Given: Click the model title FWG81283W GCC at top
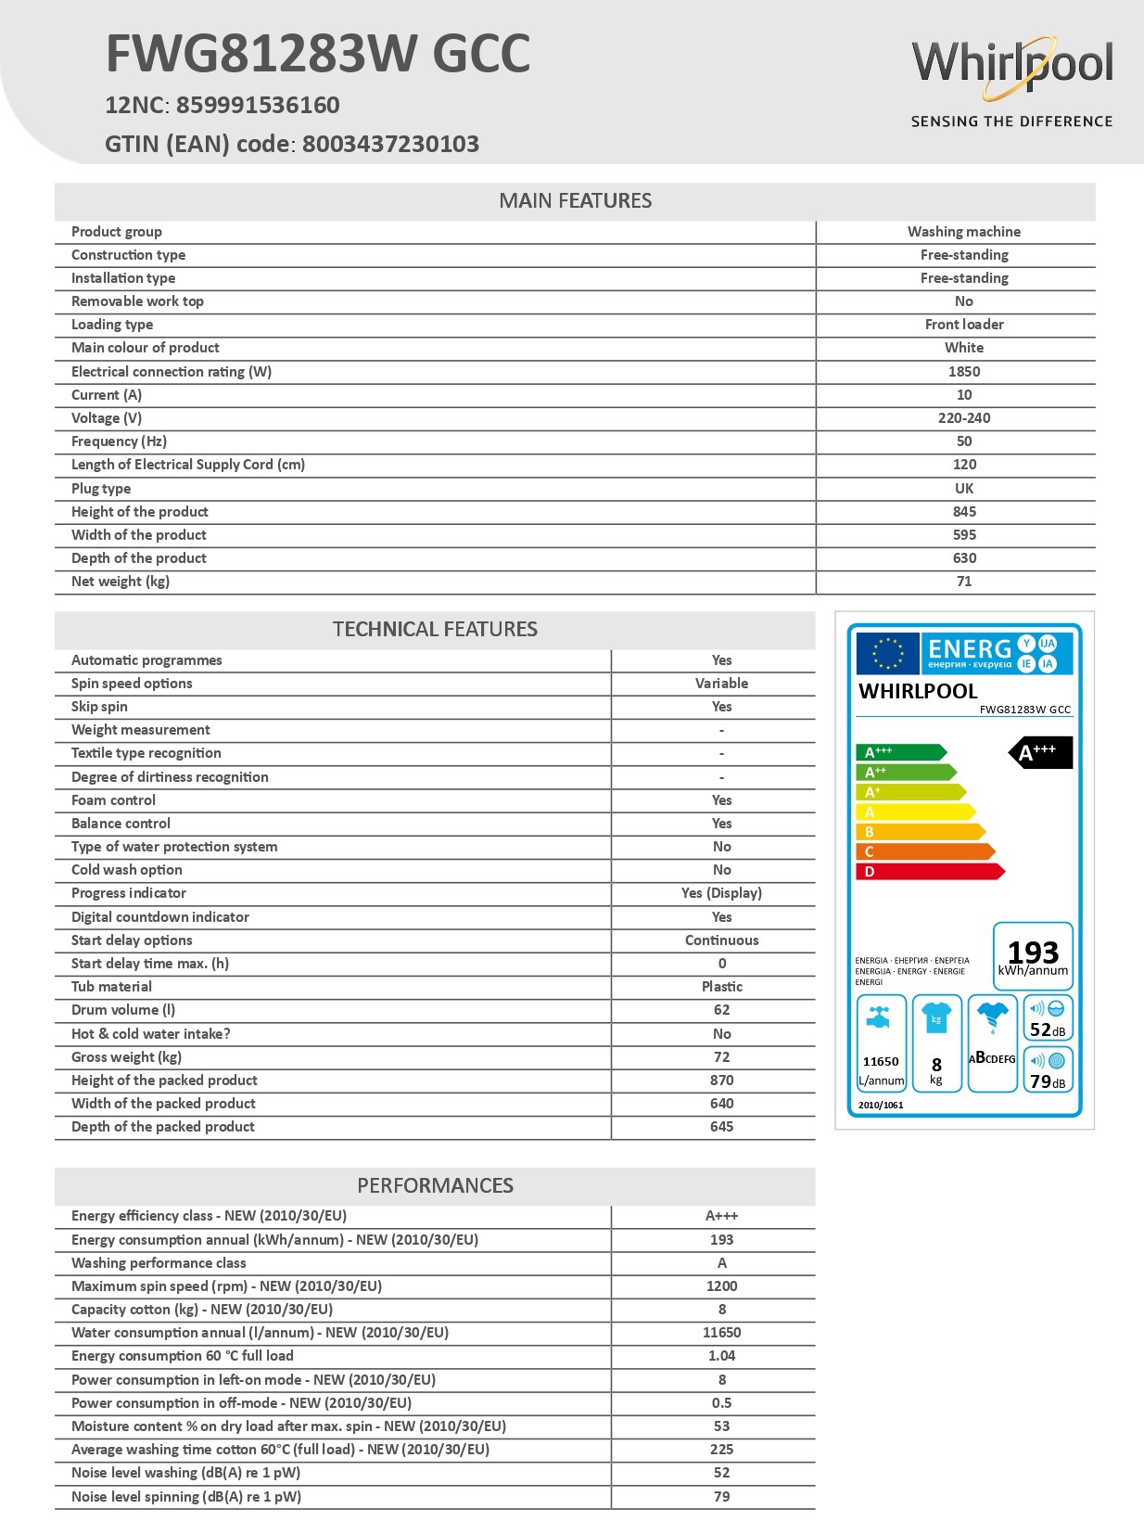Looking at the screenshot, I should coord(318,54).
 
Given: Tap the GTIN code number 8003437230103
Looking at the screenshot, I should coord(390,145).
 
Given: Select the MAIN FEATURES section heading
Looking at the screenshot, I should coord(575,201).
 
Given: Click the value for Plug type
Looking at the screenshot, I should coord(964,489).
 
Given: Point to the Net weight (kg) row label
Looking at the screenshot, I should coord(121,582).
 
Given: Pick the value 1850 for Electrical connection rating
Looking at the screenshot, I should coord(964,372).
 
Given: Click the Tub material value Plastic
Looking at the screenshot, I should coord(721,987).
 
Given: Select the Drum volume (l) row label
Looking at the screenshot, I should coord(123,1010).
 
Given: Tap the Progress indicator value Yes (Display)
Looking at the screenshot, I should coord(721,893).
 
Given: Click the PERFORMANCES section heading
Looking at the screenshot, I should coord(435,1186).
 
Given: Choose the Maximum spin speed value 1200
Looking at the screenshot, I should coord(721,1286).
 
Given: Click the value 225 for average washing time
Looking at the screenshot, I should coord(721,1450).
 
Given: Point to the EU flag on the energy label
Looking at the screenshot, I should coord(887,653).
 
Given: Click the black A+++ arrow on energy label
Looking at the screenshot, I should coord(1041,752).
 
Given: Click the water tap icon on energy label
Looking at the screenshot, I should coord(879,1017).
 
